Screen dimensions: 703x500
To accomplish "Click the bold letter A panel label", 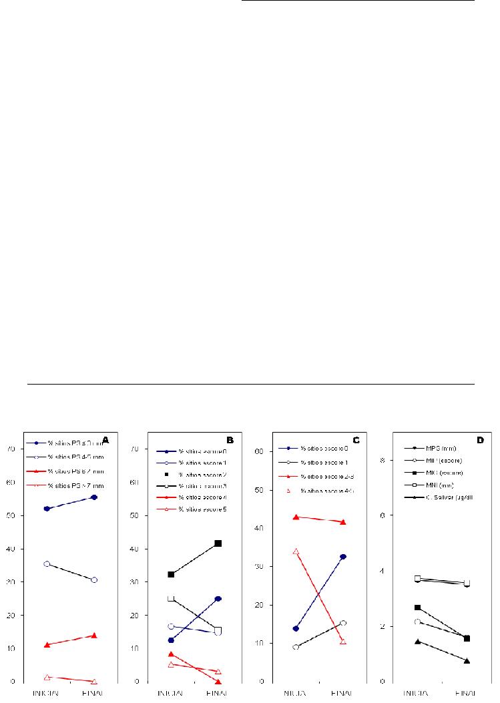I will click(x=105, y=441).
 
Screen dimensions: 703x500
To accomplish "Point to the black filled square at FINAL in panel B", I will click(x=218, y=543).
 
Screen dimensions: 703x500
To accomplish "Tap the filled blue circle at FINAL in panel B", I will click(x=218, y=598).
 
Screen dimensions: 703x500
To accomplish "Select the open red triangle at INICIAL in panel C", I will click(x=296, y=551).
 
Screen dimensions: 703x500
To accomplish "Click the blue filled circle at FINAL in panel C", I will click(x=343, y=556).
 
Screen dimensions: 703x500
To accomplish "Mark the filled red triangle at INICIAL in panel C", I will click(x=296, y=517).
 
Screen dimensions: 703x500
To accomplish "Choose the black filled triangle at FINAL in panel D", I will click(x=467, y=661).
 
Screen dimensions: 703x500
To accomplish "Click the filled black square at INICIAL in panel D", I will click(x=418, y=608).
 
